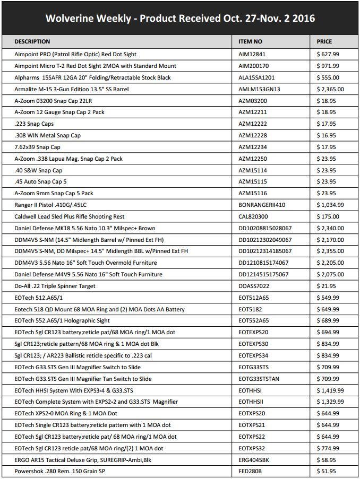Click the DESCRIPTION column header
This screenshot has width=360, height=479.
coord(32,41)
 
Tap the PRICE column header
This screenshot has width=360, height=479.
coord(324,41)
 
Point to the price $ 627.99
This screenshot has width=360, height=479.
coord(328,54)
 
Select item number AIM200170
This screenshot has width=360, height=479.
coord(254,66)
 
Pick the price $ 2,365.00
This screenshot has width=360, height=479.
coord(330,89)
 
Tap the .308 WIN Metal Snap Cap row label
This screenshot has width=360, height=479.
coord(47,135)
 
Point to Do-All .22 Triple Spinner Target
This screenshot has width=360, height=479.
coord(55,286)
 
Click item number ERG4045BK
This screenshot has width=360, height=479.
coord(254,460)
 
